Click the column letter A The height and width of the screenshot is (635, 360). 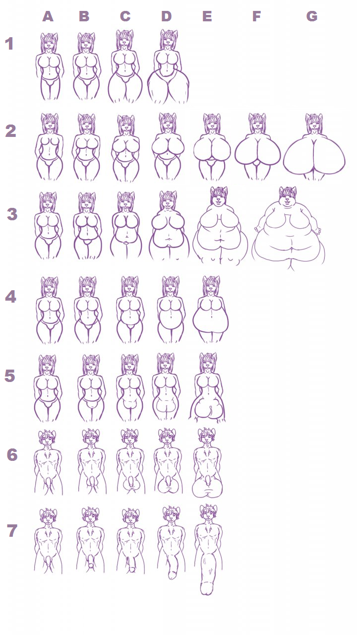pos(48,17)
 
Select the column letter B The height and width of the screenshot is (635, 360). pos(84,16)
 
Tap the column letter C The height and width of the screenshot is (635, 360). pos(125,16)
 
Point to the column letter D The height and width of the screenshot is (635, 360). pos(167,16)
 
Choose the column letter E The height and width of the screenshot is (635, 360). pos(207,16)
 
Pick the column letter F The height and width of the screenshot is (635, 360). pos(256,16)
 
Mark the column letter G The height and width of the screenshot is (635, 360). pos(312,16)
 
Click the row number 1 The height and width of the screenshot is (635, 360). pos(9,44)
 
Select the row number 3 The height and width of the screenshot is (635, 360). pos(12,214)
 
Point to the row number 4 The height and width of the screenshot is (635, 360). pos(11,297)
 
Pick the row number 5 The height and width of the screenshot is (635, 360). pos(9,376)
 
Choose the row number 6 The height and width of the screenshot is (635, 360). pos(12,455)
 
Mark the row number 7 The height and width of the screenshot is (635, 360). pos(12,531)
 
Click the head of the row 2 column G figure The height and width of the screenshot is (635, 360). pos(314,124)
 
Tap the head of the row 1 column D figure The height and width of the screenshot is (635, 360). pos(169,40)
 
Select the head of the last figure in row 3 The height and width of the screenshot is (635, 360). pos(288,197)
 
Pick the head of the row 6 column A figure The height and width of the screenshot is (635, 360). pos(47,439)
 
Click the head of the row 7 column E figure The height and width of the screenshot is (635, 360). pos(208,513)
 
